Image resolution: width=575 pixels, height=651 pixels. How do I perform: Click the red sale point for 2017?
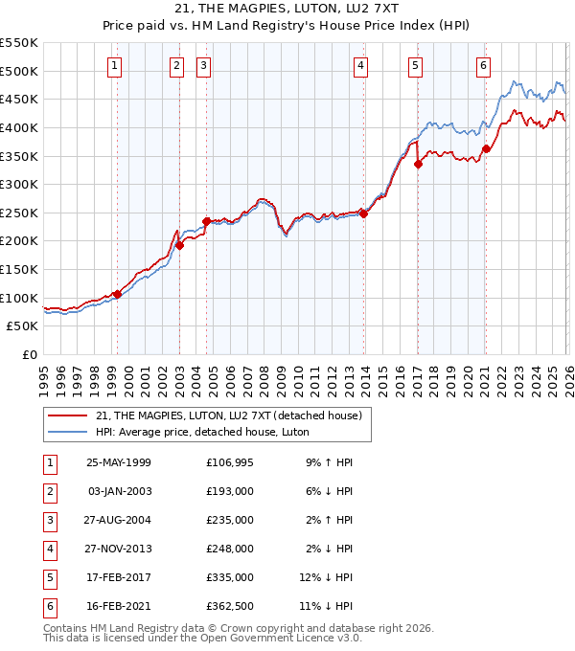[x=418, y=164]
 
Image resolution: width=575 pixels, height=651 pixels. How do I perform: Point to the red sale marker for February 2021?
[x=486, y=148]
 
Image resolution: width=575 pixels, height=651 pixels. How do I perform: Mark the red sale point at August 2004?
[x=207, y=221]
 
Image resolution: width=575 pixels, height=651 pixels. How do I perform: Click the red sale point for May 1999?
[x=118, y=294]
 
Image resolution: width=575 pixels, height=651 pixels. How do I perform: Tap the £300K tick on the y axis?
[x=19, y=184]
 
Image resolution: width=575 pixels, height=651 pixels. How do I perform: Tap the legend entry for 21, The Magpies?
[x=228, y=415]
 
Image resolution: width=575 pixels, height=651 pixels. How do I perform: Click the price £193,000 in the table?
[x=230, y=491]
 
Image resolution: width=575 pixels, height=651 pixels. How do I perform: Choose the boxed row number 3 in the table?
[x=48, y=520]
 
